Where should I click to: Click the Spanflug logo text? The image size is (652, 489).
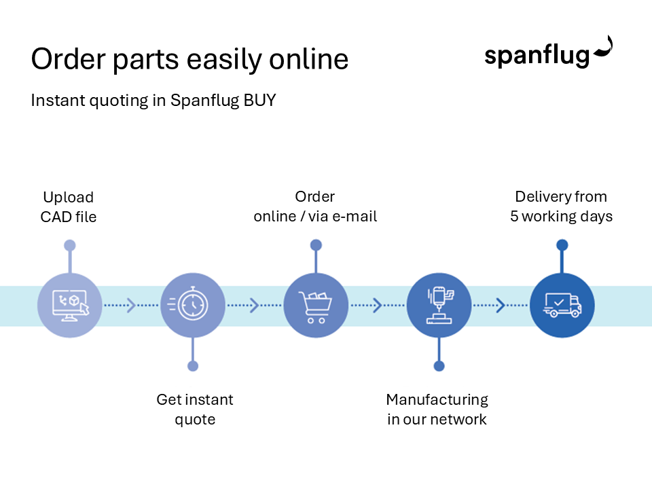coord(537,56)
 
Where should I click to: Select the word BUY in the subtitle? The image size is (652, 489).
coord(260,101)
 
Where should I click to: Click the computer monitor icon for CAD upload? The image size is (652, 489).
coord(69,306)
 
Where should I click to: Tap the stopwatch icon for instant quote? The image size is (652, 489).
coord(193,306)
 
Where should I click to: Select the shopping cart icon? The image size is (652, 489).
coord(315,306)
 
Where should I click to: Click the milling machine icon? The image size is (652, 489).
coord(439,306)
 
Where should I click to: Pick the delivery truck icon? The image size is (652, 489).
coord(562,306)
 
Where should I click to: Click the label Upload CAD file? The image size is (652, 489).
coord(68,207)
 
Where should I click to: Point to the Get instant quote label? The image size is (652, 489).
coord(195,409)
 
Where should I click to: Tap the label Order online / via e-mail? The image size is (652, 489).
coord(315,206)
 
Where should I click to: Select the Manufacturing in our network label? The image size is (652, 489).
coord(437,409)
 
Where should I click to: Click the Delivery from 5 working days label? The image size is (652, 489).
coord(562,206)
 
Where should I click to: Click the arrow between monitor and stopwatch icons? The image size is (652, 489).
coord(131,306)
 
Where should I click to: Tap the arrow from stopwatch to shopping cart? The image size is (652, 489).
coord(254,306)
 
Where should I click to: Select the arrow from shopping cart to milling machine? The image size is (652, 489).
coord(378,306)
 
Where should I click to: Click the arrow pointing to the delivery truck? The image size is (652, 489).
coord(501,306)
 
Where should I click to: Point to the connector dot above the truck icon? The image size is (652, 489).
coord(562,244)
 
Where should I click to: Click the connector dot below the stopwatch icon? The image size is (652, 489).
coord(193,366)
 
